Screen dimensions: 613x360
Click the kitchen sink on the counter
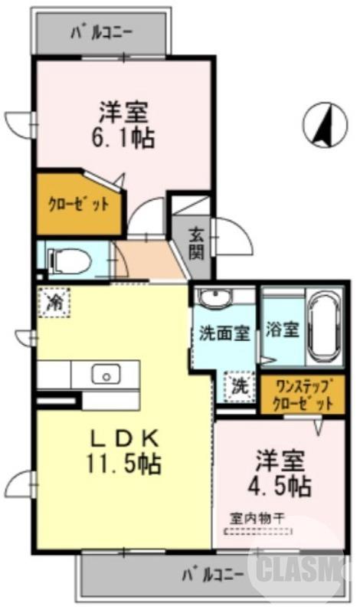(x=105, y=375)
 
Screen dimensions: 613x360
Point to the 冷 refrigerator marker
(x=55, y=300)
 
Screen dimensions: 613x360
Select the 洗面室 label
(x=224, y=334)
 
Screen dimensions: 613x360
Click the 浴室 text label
(x=282, y=330)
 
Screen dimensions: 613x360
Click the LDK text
(x=125, y=439)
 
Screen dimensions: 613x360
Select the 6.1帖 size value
(x=123, y=139)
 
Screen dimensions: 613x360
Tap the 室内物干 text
(x=257, y=517)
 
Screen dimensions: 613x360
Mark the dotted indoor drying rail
(x=258, y=529)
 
